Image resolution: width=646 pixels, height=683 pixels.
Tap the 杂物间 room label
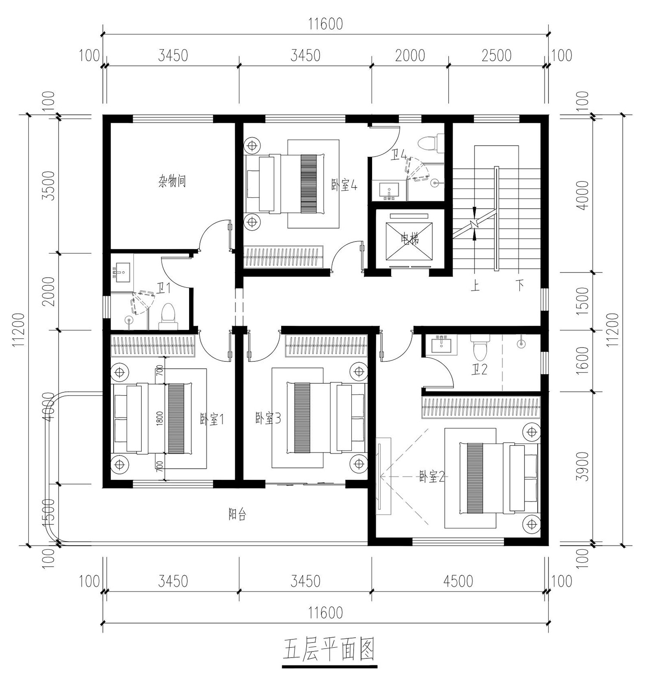pyautogui.click(x=172, y=181)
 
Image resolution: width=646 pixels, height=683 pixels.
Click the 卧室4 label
pyautogui.click(x=344, y=186)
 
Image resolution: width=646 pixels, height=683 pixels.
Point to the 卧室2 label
pyautogui.click(x=432, y=477)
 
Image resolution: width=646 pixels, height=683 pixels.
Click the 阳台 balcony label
pyautogui.click(x=237, y=514)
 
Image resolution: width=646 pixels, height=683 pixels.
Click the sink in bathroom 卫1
pyautogui.click(x=122, y=273)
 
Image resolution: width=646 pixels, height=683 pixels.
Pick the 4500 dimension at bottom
pyautogui.click(x=458, y=581)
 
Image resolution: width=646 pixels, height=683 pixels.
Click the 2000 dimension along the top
pyautogui.click(x=410, y=56)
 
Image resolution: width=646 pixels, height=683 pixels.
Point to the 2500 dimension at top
pyautogui.click(x=496, y=56)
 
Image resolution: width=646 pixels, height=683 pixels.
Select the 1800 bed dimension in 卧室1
pyautogui.click(x=160, y=418)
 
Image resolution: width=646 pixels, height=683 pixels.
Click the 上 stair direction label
pyautogui.click(x=475, y=286)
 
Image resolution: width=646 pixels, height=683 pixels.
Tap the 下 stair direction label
pyautogui.click(x=521, y=286)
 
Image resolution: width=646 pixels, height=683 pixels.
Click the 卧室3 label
pyautogui.click(x=268, y=418)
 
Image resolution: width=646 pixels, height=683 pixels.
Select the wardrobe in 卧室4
pyautogui.click(x=283, y=257)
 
